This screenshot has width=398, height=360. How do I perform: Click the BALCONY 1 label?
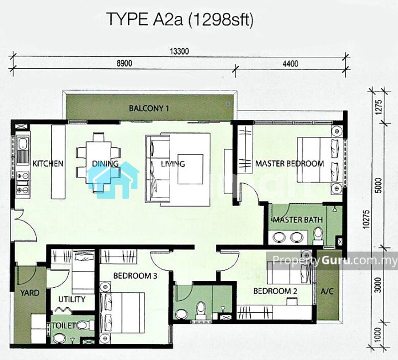pos(149,108)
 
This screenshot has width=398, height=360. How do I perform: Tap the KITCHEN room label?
pos(48,163)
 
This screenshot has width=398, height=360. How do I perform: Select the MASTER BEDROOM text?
pos(290,163)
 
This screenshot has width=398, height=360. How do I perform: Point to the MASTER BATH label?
pos(298,219)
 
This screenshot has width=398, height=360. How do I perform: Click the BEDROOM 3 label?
pos(135,276)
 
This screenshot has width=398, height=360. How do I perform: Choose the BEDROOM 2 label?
pos(276,291)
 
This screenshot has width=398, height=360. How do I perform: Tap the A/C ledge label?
pos(327,291)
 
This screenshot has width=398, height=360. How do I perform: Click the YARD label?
pos(30,293)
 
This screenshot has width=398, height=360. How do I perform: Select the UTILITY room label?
pos(72,299)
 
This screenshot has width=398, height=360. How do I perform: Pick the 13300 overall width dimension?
pos(180,52)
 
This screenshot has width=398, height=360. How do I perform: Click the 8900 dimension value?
pos(124,63)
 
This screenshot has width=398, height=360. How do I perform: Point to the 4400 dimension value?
pos(291,63)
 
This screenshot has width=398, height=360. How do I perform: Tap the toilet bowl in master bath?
pos(318,234)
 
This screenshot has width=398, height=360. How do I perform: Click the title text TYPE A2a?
pos(146,19)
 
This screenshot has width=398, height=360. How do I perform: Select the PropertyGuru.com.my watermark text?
pos(334,260)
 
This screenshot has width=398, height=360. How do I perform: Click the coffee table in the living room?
pos(190,169)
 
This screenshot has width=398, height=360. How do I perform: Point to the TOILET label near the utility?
pos(64,326)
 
